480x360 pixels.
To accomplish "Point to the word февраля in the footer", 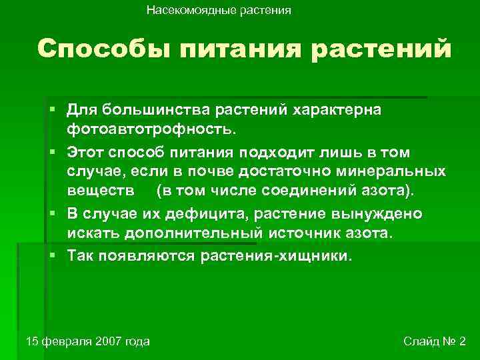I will pos(64,341).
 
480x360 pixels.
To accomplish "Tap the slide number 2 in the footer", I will pos(462,341).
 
